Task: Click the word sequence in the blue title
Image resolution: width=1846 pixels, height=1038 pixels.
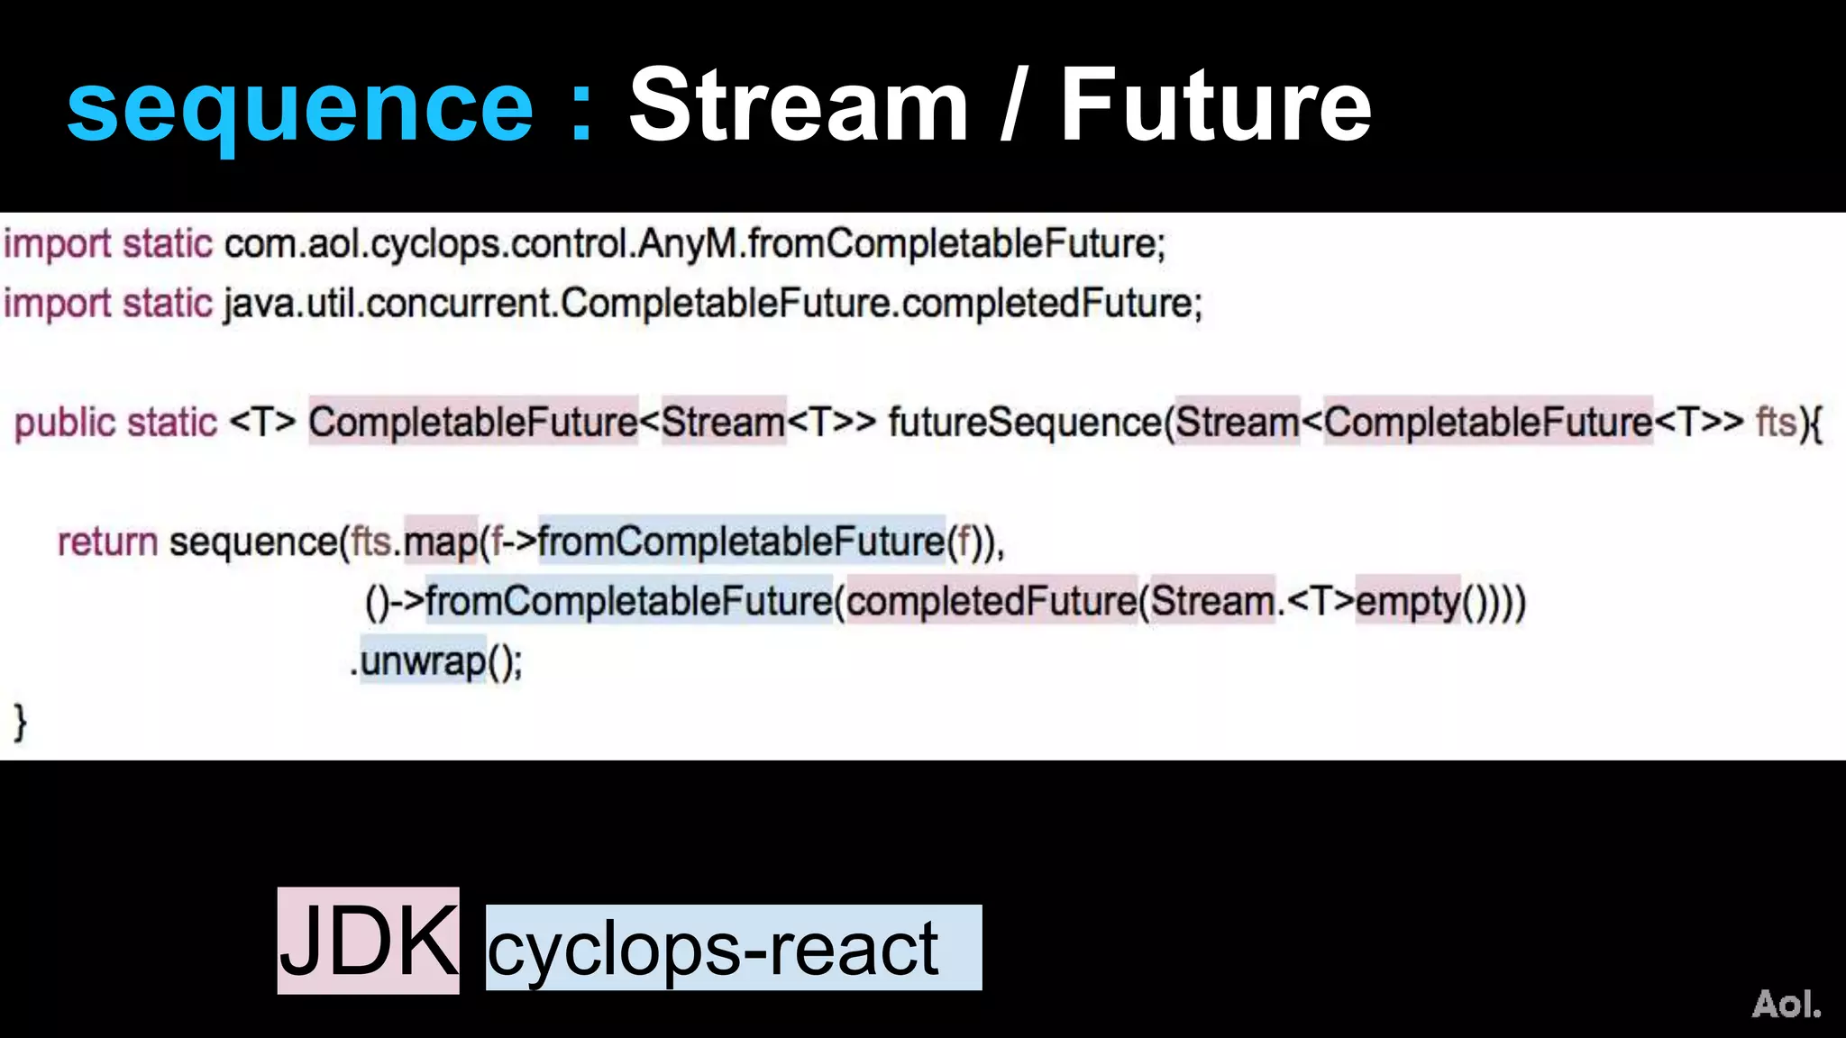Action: pyautogui.click(x=300, y=108)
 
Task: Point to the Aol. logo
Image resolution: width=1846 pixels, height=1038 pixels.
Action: pyautogui.click(x=1786, y=1004)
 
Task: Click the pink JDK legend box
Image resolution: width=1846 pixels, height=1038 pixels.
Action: pyautogui.click(x=368, y=941)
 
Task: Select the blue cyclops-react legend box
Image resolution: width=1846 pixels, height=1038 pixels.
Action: pyautogui.click(x=733, y=948)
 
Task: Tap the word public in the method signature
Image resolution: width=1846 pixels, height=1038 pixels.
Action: pyautogui.click(x=65, y=423)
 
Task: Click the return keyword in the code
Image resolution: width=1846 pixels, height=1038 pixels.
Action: pyautogui.click(x=107, y=542)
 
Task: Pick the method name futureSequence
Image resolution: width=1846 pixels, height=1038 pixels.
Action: pyautogui.click(x=1025, y=422)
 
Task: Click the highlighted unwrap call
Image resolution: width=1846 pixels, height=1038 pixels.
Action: pyautogui.click(x=423, y=661)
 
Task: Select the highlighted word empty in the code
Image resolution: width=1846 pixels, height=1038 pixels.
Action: pyautogui.click(x=1407, y=601)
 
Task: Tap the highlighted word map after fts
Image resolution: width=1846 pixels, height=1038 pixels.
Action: pyautogui.click(x=440, y=542)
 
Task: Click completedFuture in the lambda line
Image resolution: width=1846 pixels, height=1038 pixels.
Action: pyautogui.click(x=992, y=601)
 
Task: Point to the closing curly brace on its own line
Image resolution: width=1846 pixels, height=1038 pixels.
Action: pyautogui.click(x=20, y=723)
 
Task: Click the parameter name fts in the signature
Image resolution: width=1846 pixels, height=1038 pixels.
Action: pyautogui.click(x=1777, y=422)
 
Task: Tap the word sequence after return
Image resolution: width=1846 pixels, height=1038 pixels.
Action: pyautogui.click(x=253, y=542)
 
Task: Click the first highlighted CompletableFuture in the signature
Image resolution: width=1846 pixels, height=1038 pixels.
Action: pyautogui.click(x=473, y=422)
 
